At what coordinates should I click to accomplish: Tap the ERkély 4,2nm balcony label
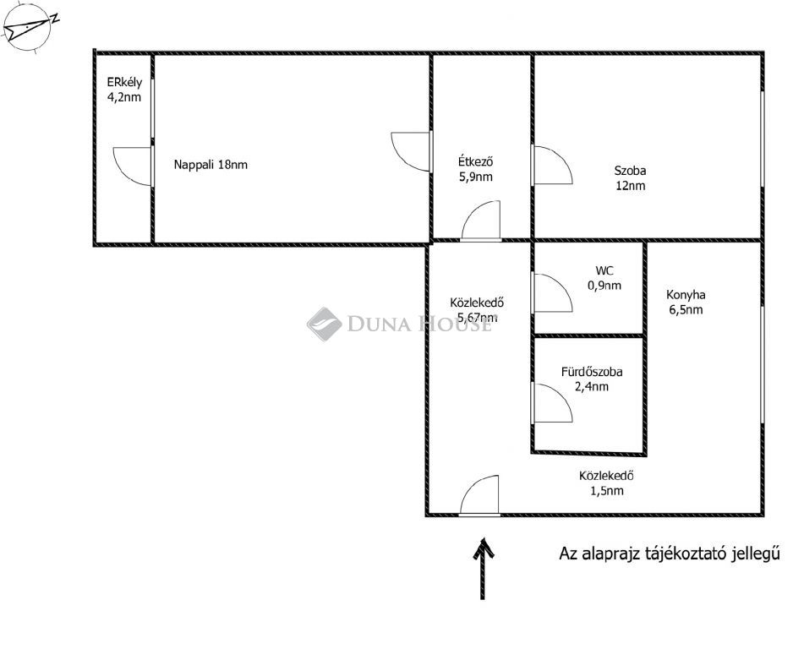click(x=124, y=90)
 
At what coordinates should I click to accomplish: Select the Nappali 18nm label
click(x=211, y=165)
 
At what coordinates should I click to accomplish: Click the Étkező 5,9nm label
click(x=476, y=169)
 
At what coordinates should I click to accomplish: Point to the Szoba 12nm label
click(x=630, y=178)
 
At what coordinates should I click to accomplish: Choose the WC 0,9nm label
click(x=604, y=278)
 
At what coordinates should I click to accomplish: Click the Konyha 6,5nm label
click(x=686, y=302)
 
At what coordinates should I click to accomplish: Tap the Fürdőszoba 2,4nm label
click(x=592, y=379)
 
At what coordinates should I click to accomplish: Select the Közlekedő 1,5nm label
click(x=606, y=483)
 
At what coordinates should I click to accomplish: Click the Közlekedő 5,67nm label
click(x=477, y=310)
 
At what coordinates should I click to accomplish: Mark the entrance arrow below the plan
click(x=483, y=568)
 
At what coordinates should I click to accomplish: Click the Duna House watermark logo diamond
click(x=324, y=324)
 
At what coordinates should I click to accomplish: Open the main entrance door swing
click(x=479, y=495)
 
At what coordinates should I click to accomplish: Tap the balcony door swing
click(x=133, y=166)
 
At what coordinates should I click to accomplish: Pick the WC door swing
click(x=552, y=292)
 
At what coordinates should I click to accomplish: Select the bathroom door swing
click(x=552, y=403)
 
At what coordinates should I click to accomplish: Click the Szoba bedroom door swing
click(x=552, y=165)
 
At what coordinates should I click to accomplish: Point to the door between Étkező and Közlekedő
click(x=480, y=221)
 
